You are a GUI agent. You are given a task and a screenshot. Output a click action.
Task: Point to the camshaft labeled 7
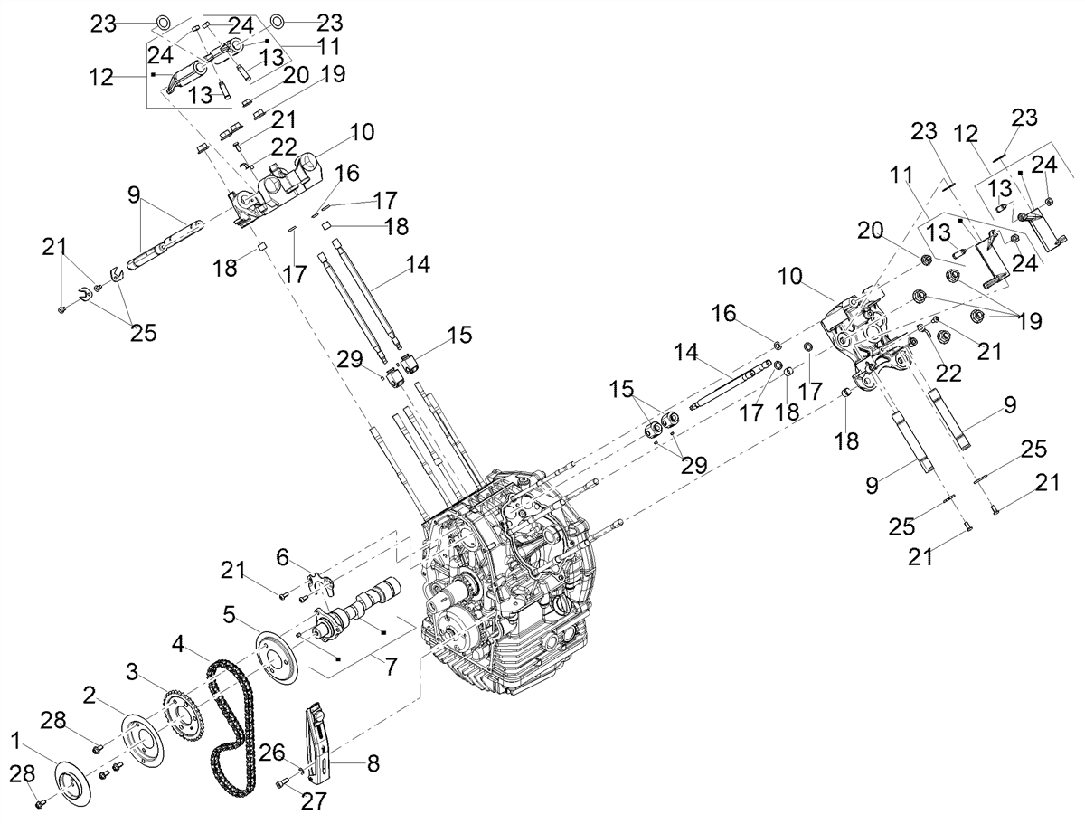(x=355, y=611)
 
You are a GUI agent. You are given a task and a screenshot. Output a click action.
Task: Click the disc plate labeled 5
(x=277, y=656)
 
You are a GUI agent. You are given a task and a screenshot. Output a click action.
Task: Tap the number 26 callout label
(x=272, y=753)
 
